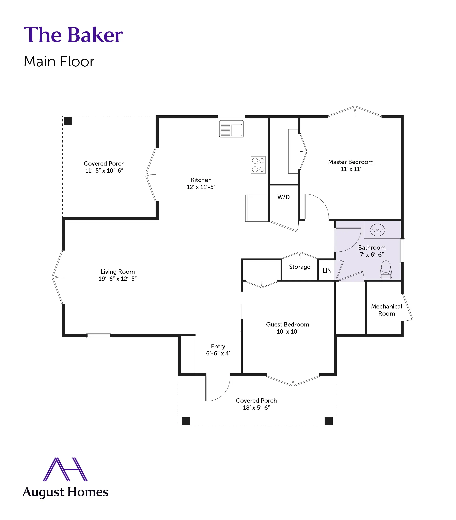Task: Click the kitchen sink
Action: click(x=231, y=129)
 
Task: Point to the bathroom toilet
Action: click(x=386, y=270)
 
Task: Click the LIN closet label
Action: click(x=327, y=271)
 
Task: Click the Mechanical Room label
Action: click(x=387, y=310)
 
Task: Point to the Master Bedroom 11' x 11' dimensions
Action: click(x=351, y=169)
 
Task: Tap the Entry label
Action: click(x=218, y=346)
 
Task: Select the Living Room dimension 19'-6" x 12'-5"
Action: click(x=117, y=279)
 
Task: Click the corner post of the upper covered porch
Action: click(x=68, y=121)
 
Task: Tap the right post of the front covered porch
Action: click(x=329, y=421)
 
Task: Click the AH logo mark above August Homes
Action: click(x=65, y=469)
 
